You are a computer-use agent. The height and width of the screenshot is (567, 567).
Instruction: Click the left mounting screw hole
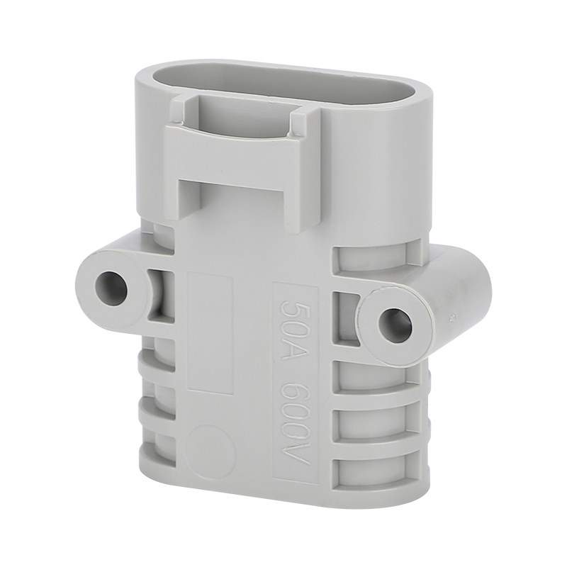click(x=111, y=288)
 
